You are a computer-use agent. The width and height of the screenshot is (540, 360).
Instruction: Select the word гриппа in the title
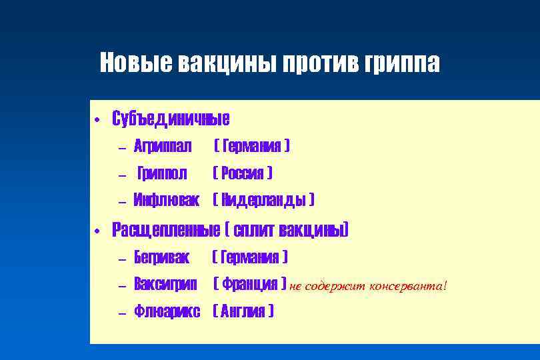pos(403,63)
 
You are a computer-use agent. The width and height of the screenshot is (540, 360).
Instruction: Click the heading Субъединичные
pos(171,119)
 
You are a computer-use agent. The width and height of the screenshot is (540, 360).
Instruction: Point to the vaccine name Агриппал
pos(163,145)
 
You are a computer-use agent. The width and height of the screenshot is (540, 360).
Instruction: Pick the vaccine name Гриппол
pos(162,173)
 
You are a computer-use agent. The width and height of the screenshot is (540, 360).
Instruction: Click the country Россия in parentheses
pos(242,173)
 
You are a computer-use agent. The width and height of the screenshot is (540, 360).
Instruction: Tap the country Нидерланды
pos(264,200)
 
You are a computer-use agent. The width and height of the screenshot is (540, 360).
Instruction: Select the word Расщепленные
pos(166,230)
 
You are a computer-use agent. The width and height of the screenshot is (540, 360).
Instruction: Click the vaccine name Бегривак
pos(162,257)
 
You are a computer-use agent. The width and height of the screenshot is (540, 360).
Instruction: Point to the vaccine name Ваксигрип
pos(165,285)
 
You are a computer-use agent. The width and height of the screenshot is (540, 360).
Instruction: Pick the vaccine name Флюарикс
pos(167,311)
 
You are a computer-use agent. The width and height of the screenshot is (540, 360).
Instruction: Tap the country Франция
pos(250,285)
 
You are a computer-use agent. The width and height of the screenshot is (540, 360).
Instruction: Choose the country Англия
pos(243,311)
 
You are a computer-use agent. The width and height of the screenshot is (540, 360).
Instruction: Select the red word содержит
pos(335,285)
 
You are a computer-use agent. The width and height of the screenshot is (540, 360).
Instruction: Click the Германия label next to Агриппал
pos(251,145)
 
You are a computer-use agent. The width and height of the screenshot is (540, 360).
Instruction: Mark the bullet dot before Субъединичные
pos(97,121)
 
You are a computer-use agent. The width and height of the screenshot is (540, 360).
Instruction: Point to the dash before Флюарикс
pos(121,312)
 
